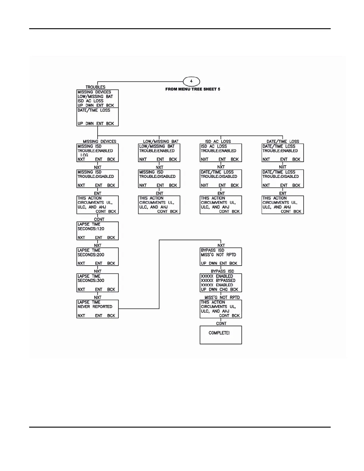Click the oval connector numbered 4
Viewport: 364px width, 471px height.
[x=191, y=81]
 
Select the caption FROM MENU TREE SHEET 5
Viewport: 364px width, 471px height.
[x=193, y=89]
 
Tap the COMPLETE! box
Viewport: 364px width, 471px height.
[x=221, y=335]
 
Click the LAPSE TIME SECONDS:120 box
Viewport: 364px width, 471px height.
[x=98, y=231]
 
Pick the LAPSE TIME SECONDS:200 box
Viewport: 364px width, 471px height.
[x=98, y=257]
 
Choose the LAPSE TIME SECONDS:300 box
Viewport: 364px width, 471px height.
[x=98, y=282]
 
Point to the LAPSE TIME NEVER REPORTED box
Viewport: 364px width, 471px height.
[x=98, y=309]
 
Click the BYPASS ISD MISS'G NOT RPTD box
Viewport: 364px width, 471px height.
[x=221, y=257]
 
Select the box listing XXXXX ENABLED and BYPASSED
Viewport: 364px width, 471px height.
[x=221, y=282]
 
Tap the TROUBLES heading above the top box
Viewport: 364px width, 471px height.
[x=95, y=87]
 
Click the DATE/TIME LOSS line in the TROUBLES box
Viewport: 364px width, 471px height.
[x=94, y=110]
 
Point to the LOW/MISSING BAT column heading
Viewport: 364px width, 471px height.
[x=161, y=142]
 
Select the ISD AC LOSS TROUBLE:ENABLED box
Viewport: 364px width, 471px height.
[x=221, y=153]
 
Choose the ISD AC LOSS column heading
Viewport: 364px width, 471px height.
[x=218, y=142]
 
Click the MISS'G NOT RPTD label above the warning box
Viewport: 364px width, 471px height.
[x=222, y=297]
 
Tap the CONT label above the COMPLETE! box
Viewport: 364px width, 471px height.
[x=221, y=323]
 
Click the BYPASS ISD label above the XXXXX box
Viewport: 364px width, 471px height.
[x=222, y=271]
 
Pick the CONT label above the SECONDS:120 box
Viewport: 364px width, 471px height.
[x=99, y=219]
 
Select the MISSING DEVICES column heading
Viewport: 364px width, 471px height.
[x=99, y=142]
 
